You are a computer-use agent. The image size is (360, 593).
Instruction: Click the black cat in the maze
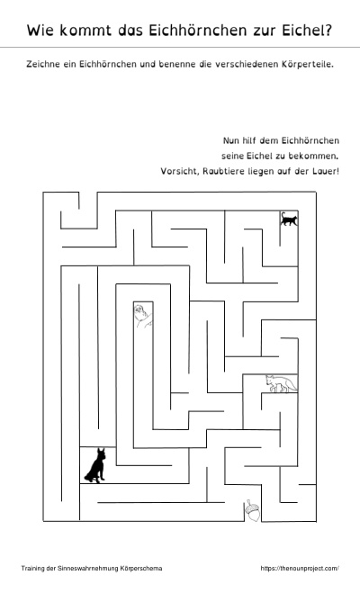tap(289, 220)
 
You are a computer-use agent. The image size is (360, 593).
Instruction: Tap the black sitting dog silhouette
tap(95, 465)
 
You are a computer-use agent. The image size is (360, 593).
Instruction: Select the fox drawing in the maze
tap(281, 383)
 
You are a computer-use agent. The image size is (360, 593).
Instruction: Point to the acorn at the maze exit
tap(253, 510)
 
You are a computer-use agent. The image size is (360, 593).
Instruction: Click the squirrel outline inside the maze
tap(143, 316)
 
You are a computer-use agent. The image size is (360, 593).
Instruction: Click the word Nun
tap(230, 140)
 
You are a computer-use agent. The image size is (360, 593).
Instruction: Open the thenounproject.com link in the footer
tap(300, 568)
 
